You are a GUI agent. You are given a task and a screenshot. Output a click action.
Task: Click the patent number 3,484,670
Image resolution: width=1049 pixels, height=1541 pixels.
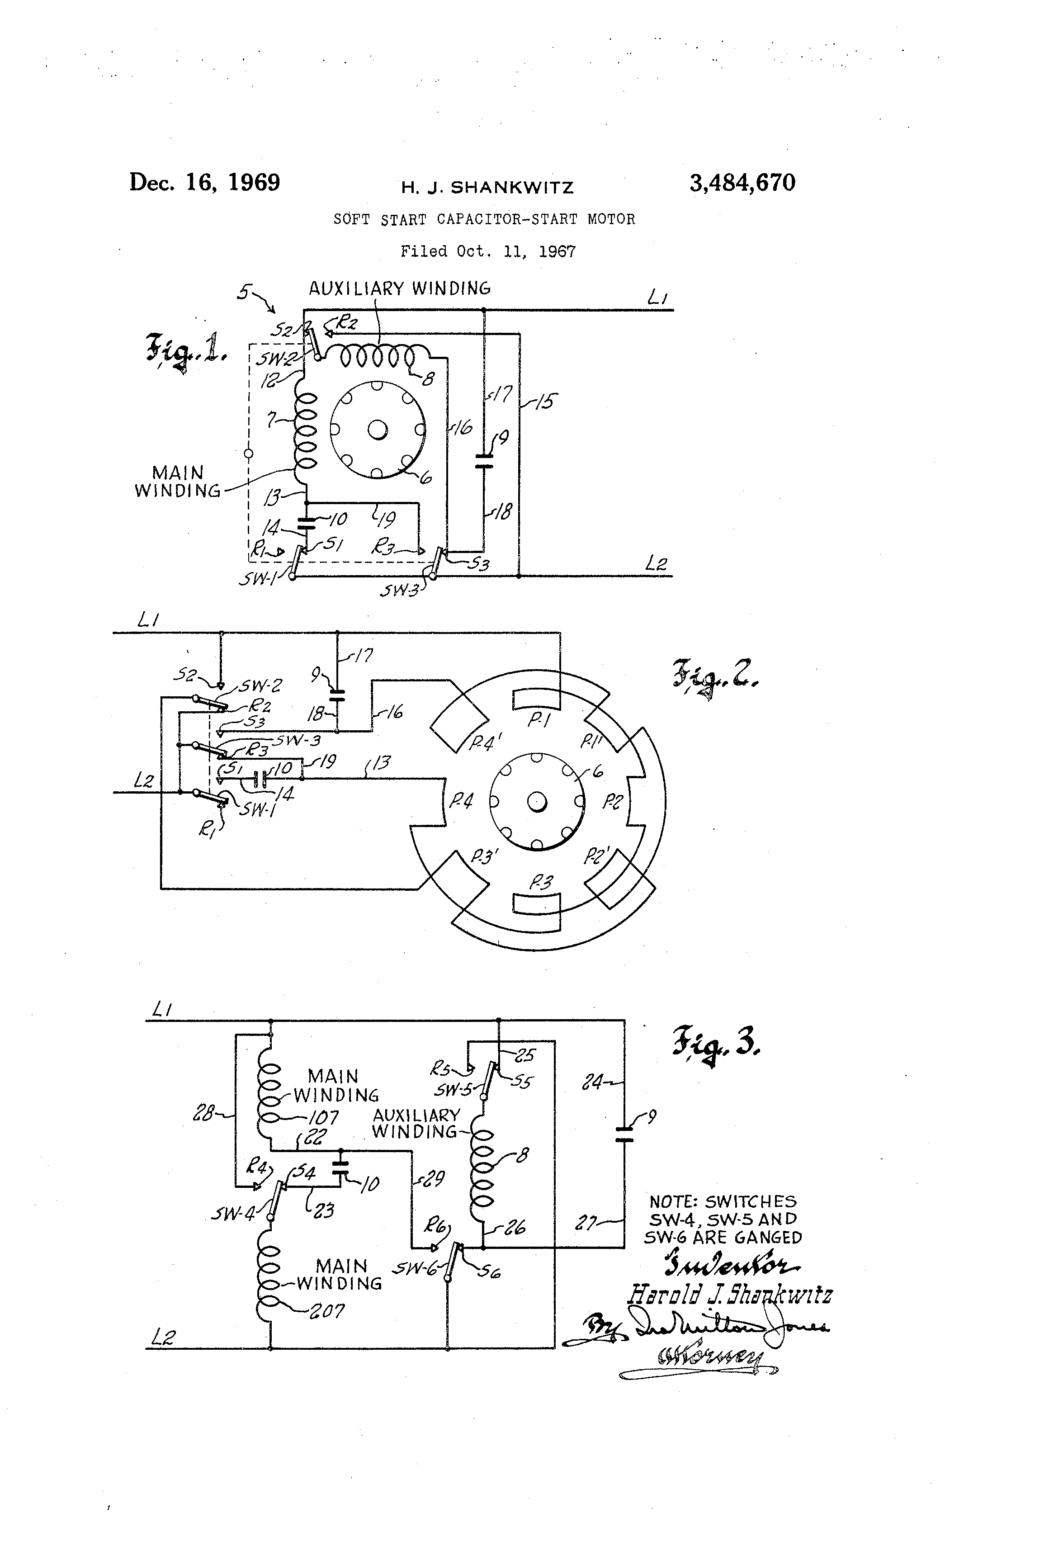(x=742, y=182)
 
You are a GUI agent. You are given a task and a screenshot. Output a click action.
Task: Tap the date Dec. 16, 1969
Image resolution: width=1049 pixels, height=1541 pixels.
(x=204, y=182)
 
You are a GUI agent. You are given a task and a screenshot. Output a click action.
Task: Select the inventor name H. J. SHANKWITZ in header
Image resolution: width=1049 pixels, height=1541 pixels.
(x=487, y=188)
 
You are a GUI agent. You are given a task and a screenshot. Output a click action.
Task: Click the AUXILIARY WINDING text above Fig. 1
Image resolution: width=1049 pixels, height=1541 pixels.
(x=400, y=288)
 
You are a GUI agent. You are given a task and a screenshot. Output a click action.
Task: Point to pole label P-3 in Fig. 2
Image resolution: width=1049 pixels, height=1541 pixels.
(x=540, y=882)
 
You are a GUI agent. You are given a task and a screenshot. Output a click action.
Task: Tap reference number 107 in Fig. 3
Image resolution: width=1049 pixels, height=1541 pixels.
(x=324, y=1117)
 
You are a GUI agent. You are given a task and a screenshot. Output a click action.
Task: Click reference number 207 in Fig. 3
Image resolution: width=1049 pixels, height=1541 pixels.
(x=327, y=1311)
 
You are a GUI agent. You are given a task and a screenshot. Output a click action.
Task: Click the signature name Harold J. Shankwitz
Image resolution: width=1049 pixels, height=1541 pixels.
(x=729, y=1294)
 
